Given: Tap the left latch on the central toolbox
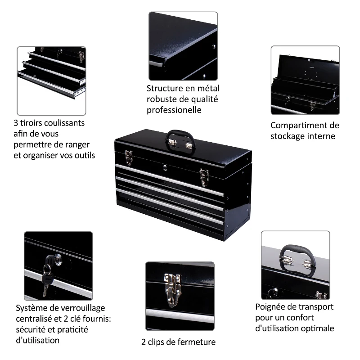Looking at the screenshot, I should (129, 156).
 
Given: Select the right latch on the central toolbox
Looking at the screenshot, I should (204, 176).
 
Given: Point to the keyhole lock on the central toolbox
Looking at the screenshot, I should (165, 168).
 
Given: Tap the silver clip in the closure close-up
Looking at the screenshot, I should (172, 288).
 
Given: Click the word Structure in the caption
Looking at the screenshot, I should (164, 89).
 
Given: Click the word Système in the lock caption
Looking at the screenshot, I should (31, 308).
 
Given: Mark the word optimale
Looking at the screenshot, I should (318, 328).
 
